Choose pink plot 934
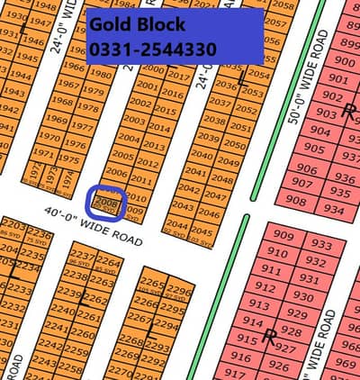click(334, 209)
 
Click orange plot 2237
click(82, 256)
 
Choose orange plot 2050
click(235, 145)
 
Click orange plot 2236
click(40, 234)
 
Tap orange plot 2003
click(133, 120)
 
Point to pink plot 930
click(308, 297)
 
